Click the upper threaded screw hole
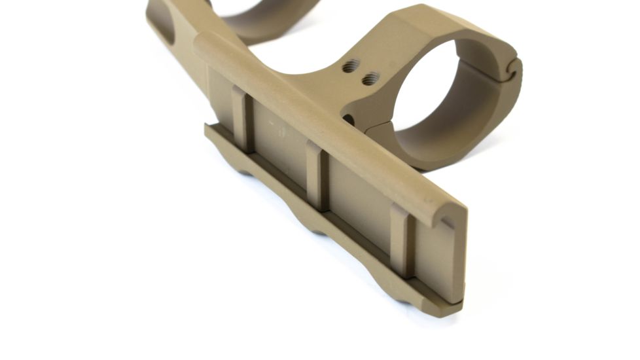352,66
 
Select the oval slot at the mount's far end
162,26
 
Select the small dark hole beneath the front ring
349,120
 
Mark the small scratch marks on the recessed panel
280,128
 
